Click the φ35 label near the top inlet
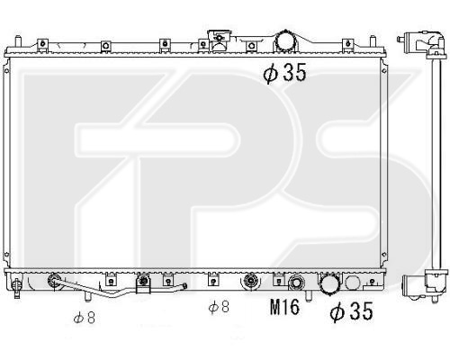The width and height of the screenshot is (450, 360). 284,72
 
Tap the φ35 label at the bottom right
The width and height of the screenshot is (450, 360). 351,311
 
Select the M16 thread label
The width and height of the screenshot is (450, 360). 284,307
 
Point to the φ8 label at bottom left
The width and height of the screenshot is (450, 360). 85,318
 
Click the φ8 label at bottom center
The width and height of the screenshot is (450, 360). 219,307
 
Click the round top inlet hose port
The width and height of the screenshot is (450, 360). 285,41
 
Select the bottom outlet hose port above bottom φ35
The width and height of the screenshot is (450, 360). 329,283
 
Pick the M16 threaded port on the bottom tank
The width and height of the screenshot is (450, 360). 296,283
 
